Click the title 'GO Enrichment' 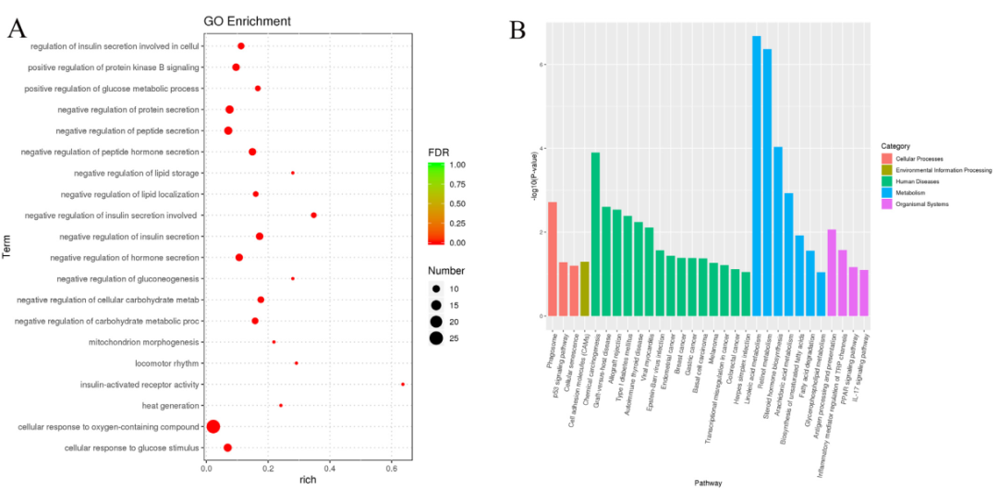click(x=247, y=20)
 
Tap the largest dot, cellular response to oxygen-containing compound click(x=213, y=426)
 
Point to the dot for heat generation click(x=281, y=405)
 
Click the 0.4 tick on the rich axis click(x=329, y=468)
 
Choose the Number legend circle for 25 click(x=436, y=337)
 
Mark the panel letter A click(x=16, y=30)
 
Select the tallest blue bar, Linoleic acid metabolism click(x=757, y=176)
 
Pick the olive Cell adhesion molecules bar click(x=584, y=288)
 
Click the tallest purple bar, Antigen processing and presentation click(x=832, y=273)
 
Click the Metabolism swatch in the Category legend click(x=885, y=193)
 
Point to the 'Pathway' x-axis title click(x=710, y=482)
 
